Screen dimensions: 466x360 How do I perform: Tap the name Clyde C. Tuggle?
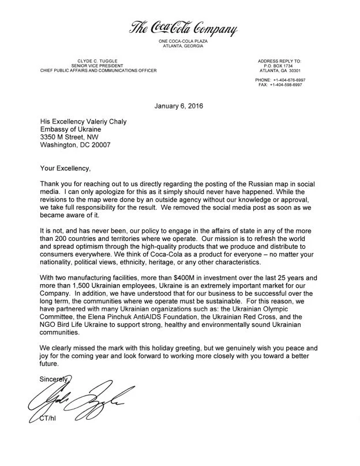pos(92,60)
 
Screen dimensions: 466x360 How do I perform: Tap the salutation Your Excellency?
pos(66,169)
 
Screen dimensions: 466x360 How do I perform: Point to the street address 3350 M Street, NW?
pos(76,137)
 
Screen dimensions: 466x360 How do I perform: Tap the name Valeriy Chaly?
pos(112,121)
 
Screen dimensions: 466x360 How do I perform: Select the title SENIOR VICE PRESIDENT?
pos(92,65)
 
